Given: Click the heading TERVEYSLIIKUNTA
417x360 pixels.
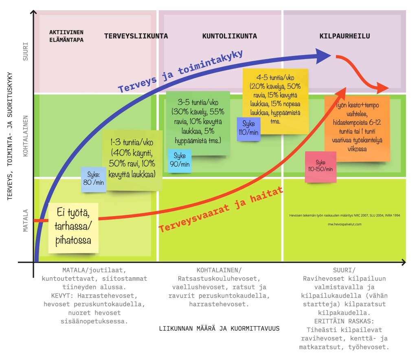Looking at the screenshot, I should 136,36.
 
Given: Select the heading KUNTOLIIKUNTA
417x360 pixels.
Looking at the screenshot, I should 229,36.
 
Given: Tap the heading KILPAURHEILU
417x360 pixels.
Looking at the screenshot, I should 345,36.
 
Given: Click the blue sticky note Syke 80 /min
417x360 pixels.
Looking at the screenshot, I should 93,180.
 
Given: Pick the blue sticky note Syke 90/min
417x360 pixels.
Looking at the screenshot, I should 180,160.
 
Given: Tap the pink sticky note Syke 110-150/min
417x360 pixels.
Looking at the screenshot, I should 321,166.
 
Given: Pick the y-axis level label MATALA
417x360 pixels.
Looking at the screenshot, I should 26,220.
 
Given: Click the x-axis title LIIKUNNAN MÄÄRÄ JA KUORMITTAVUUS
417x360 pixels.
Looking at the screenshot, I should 219,328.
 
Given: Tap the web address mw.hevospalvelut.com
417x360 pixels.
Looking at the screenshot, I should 345,224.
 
